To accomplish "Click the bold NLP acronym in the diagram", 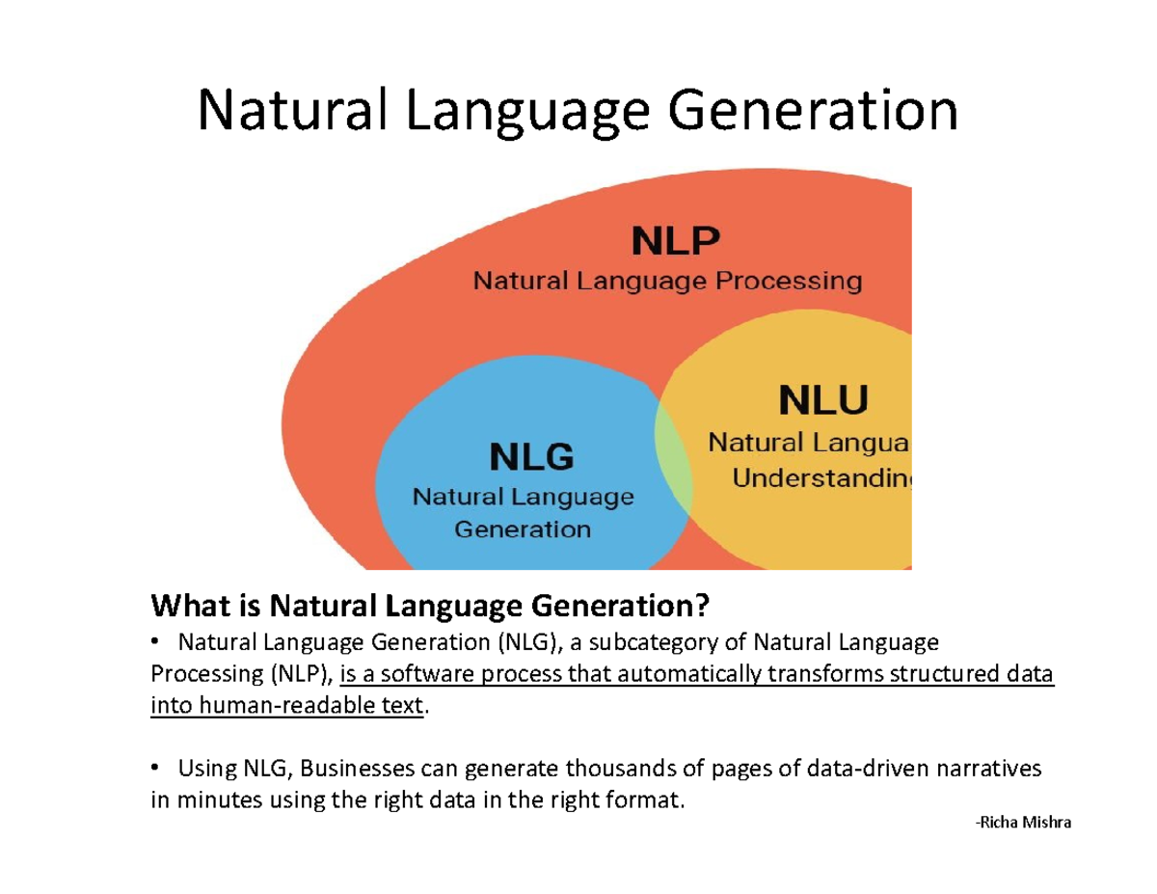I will click(675, 241).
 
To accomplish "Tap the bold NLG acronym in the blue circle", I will click(531, 457).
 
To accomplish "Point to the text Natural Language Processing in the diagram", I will click(666, 282).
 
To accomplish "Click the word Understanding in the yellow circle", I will click(821, 478).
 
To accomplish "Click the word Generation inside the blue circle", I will click(523, 529).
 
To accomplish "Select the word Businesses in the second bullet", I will click(351, 769).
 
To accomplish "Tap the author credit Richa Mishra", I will click(1023, 824).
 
